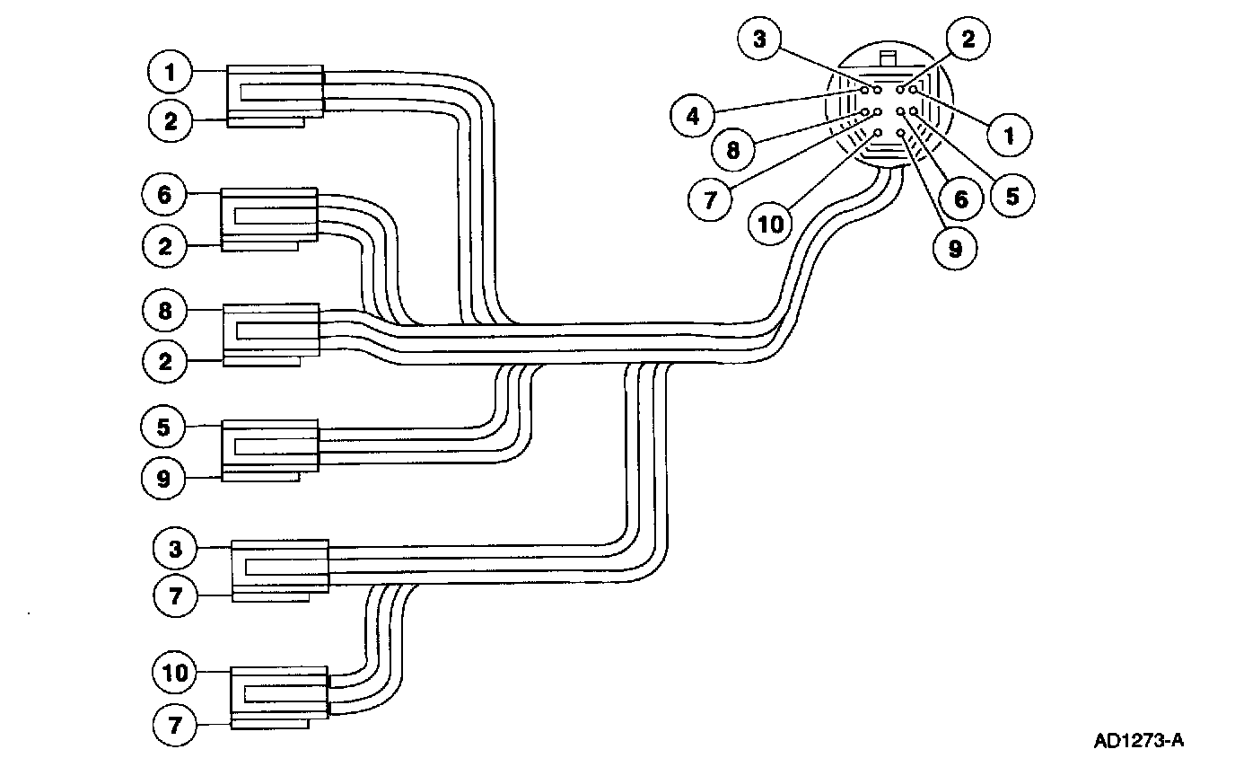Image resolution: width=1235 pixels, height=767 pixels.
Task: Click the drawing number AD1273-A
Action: (1139, 741)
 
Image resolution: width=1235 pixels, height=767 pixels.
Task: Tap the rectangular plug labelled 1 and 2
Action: (275, 94)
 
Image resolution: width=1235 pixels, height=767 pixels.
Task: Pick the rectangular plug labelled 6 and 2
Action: (268, 217)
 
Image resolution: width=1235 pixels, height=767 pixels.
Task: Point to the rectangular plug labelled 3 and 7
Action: (280, 569)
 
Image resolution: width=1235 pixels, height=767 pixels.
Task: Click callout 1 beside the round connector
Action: (1008, 137)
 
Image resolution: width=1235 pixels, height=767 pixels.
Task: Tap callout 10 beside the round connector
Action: (770, 223)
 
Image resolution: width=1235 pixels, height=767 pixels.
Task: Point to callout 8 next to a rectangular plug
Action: (165, 311)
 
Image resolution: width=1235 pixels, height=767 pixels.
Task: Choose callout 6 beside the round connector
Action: (961, 198)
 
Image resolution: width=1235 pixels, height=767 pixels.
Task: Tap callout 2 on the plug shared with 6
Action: (165, 246)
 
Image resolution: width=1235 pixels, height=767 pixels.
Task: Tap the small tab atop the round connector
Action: (888, 59)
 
